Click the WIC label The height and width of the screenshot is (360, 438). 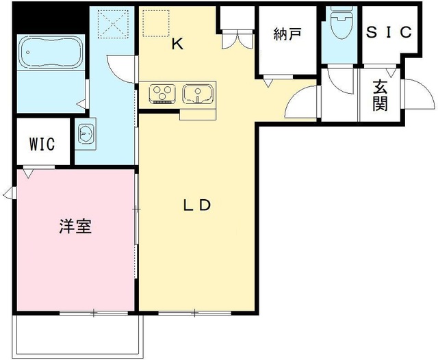click(42, 144)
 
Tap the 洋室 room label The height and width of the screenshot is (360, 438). click(75, 227)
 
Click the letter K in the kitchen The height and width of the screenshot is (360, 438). click(177, 45)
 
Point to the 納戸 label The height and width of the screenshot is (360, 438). click(287, 34)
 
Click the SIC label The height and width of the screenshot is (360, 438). click(389, 31)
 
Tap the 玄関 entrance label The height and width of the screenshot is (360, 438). click(381, 95)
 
